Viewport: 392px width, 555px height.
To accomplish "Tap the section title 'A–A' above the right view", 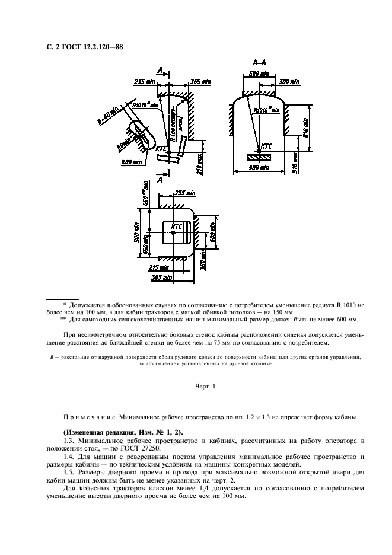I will [x=259, y=63].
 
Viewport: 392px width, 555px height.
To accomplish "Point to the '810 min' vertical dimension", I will [x=307, y=125].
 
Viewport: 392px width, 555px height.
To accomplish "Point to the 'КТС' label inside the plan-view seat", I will [x=176, y=227].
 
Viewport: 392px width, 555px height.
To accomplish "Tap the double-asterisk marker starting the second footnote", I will [x=63, y=319].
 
